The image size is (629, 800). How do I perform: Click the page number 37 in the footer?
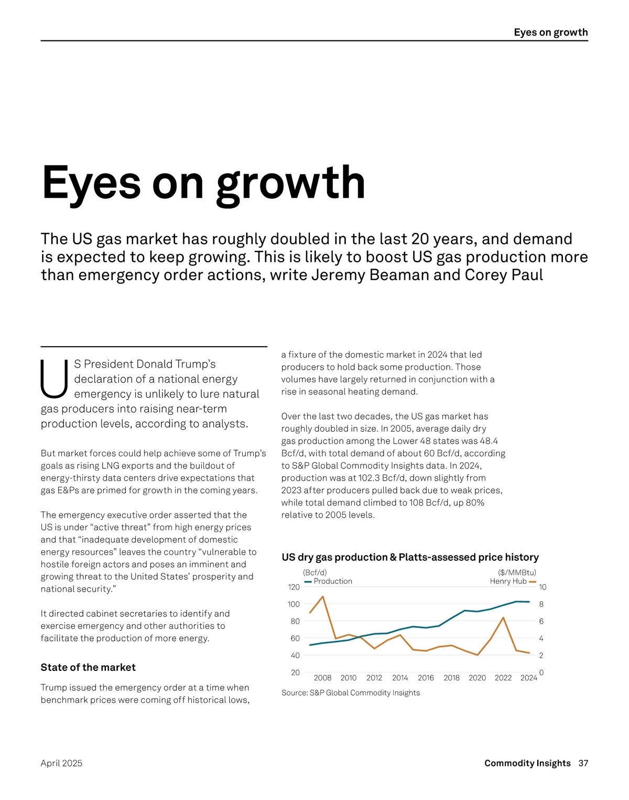click(x=583, y=763)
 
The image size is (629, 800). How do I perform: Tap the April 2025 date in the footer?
click(x=61, y=763)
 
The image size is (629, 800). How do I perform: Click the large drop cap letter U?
click(x=54, y=378)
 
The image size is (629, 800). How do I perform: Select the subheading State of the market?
click(x=88, y=667)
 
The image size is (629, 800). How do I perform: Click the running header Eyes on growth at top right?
click(x=550, y=32)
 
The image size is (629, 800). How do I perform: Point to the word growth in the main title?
click(x=290, y=184)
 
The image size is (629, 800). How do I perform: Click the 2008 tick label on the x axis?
click(x=322, y=678)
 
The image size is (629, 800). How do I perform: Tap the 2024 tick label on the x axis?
click(x=528, y=678)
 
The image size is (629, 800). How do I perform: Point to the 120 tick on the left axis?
click(x=294, y=587)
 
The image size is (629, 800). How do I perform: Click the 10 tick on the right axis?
click(x=543, y=587)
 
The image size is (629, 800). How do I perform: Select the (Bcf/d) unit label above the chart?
click(x=314, y=572)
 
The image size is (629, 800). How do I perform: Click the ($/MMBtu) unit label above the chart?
click(x=517, y=572)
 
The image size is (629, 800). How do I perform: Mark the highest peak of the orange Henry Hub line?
click(x=322, y=596)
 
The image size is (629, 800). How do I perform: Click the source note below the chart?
click(x=351, y=693)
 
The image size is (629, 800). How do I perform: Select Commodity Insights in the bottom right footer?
click(x=527, y=763)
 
